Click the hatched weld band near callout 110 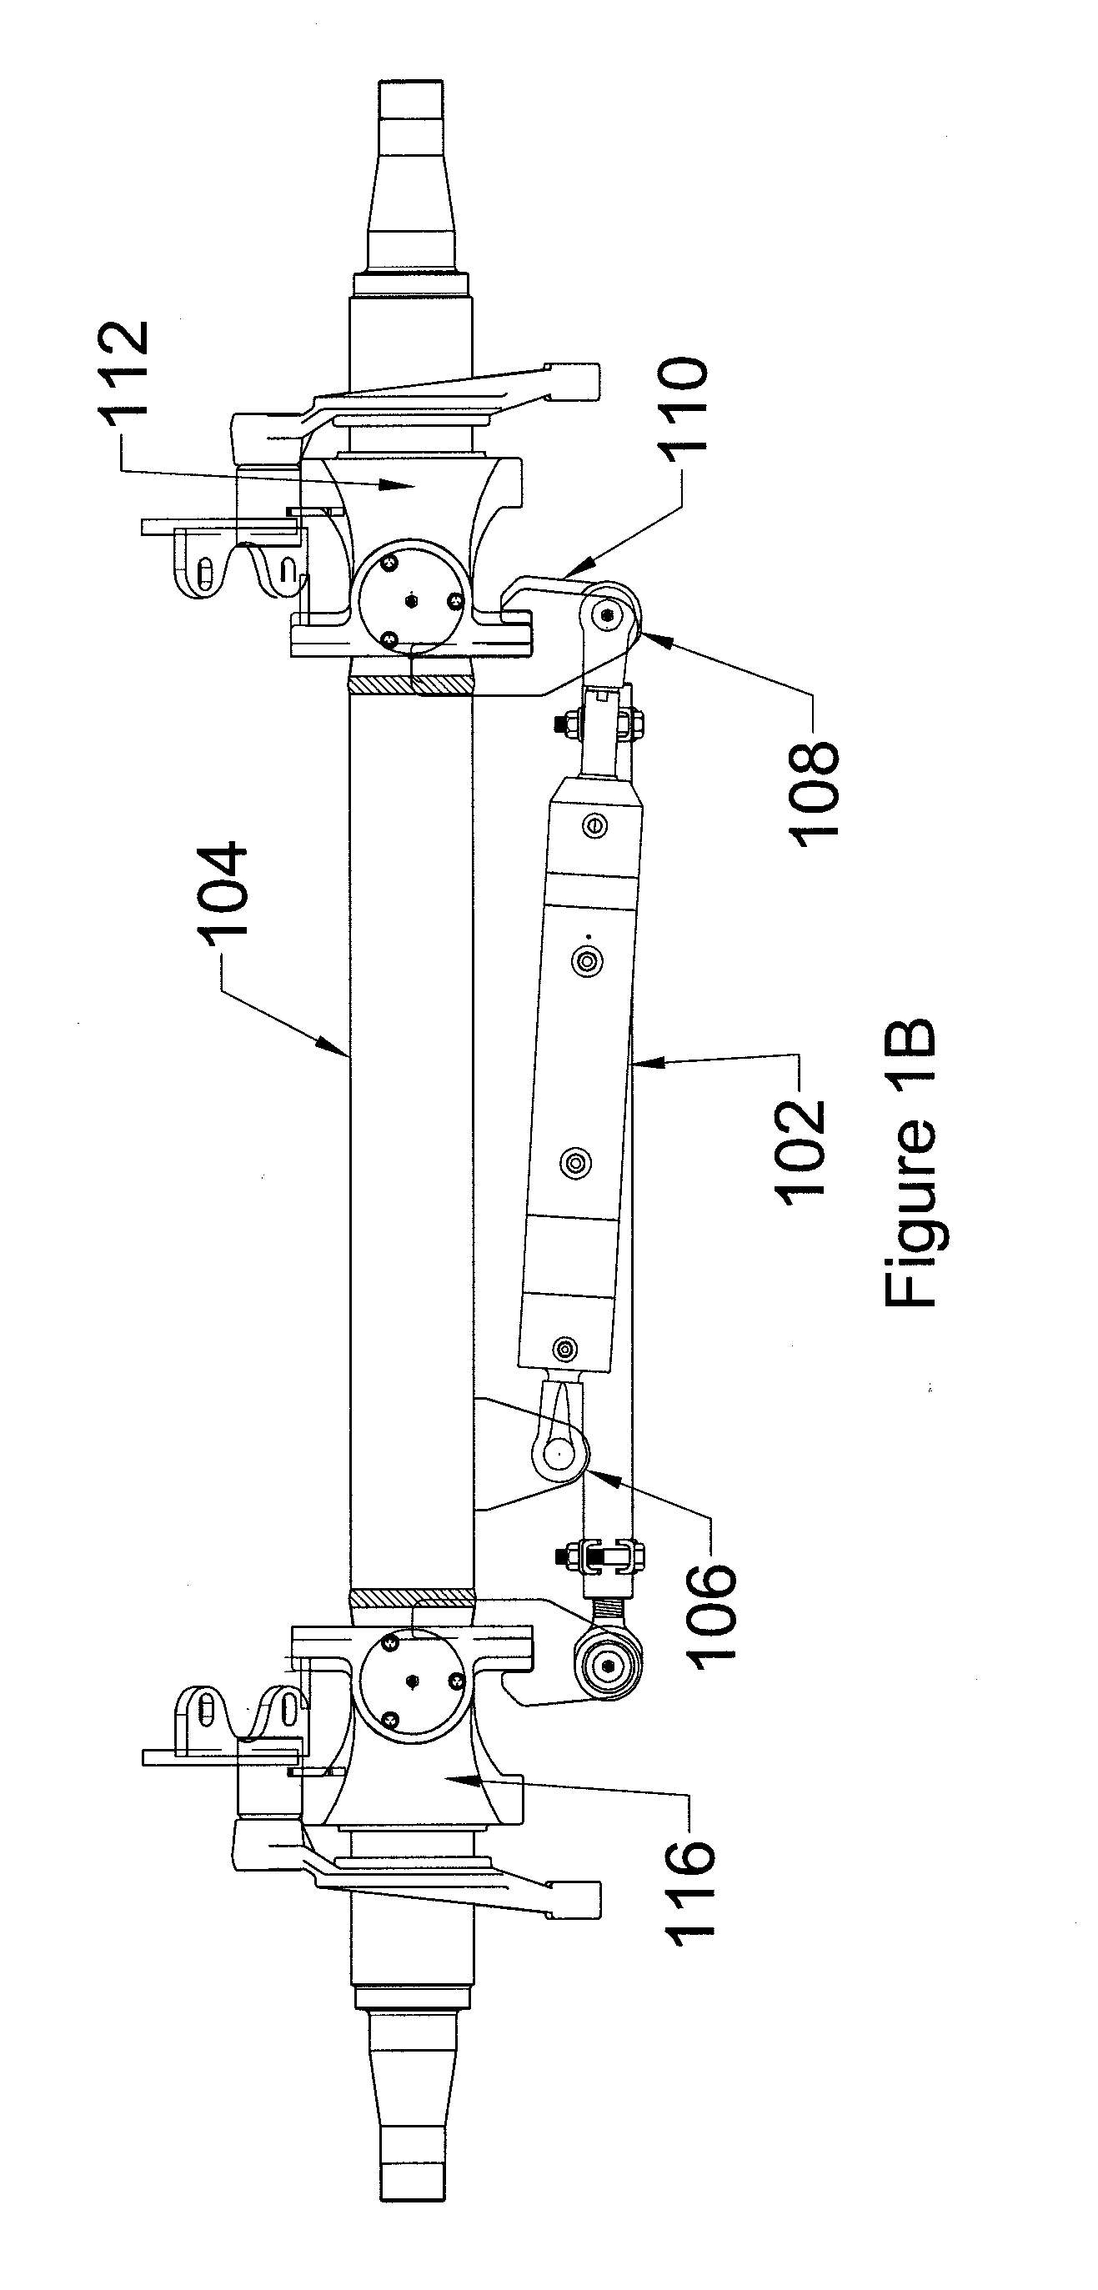tap(410, 685)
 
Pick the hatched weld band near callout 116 tap(410, 1598)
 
